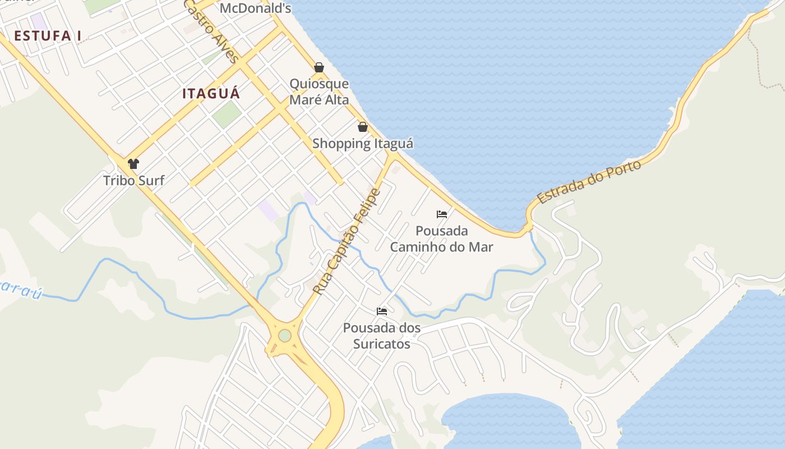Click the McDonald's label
[255, 8]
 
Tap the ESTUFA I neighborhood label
[48, 36]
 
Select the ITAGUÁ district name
[211, 94]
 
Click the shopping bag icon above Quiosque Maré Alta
[319, 68]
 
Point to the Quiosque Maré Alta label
[319, 92]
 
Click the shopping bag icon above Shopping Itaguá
[363, 127]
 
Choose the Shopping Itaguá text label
[363, 144]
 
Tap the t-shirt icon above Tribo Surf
[133, 164]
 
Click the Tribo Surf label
[134, 181]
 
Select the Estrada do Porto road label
[589, 182]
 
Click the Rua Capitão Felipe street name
[347, 242]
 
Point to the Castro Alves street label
[211, 31]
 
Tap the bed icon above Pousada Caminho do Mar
[442, 214]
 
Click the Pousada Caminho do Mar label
[442, 239]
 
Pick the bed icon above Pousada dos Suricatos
[382, 311]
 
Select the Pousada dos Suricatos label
[382, 336]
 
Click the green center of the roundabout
[285, 336]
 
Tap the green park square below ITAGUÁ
[227, 113]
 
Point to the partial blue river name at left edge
[20, 287]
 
